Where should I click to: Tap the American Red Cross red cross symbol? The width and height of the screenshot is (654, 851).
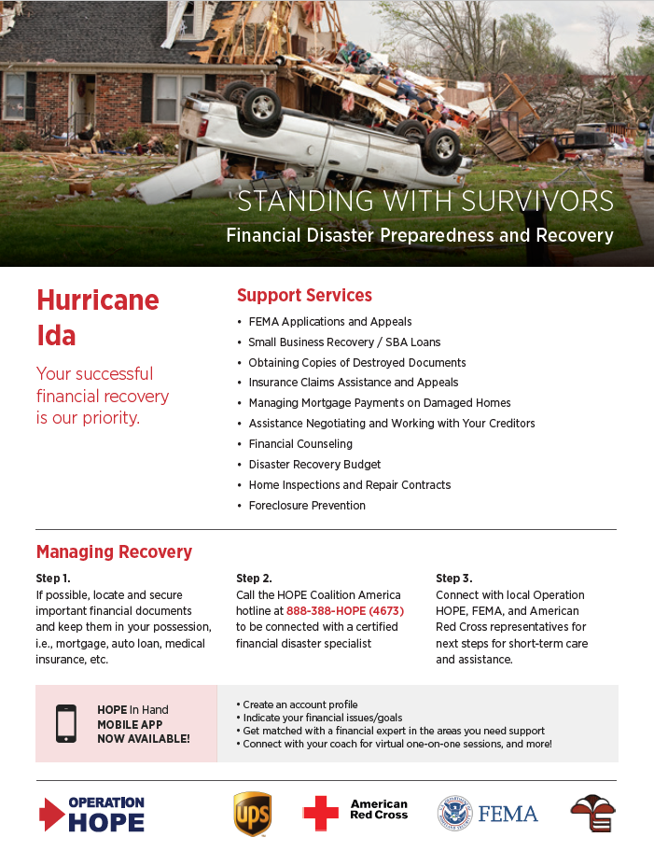(x=321, y=813)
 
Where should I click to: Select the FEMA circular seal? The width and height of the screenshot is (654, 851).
(x=454, y=813)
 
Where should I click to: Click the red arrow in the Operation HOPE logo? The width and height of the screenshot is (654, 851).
(x=50, y=814)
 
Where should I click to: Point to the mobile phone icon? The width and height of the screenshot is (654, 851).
(x=66, y=723)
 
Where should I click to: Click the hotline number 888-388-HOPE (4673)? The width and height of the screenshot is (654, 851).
(x=344, y=610)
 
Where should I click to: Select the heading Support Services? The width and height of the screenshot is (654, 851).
(x=304, y=295)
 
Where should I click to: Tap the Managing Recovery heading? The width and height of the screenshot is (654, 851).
(x=114, y=551)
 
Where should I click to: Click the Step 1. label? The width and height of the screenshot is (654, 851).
(x=53, y=579)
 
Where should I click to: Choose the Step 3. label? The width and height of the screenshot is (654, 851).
(x=453, y=579)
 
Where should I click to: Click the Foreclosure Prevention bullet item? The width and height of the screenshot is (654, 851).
(x=307, y=506)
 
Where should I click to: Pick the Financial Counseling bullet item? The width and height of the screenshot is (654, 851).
(x=300, y=444)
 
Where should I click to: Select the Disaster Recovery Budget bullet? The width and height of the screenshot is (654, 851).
(x=314, y=465)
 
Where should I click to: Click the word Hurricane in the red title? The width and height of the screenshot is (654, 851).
(x=97, y=300)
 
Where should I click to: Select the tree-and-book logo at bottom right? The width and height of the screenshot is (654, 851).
(x=592, y=814)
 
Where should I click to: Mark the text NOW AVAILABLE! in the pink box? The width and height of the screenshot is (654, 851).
(x=143, y=738)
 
